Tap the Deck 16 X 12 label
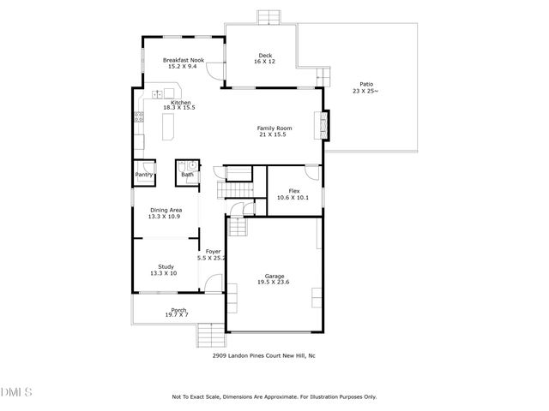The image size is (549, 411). (265, 59)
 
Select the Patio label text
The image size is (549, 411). (366, 86)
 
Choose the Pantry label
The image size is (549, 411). (143, 175)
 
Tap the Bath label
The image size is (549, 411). (187, 175)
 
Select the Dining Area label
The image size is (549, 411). (166, 212)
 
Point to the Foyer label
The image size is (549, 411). (211, 254)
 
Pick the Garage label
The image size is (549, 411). (274, 278)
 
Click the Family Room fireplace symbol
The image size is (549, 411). (323, 125)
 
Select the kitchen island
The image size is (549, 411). (167, 129)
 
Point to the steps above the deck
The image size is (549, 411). (268, 16)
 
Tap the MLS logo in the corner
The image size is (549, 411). (15, 393)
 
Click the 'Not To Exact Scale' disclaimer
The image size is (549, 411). (274, 397)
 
